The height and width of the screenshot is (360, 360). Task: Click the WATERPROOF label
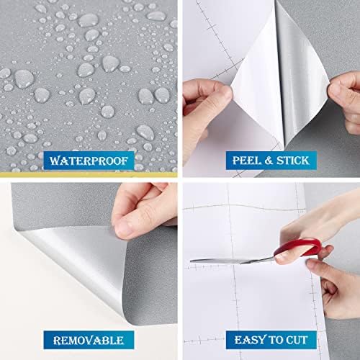pyautogui.click(x=89, y=161)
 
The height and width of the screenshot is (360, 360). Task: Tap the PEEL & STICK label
pyautogui.click(x=271, y=161)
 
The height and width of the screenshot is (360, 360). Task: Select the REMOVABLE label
pyautogui.click(x=89, y=340)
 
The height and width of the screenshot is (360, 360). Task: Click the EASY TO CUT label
pyautogui.click(x=271, y=340)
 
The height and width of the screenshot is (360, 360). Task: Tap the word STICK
pyautogui.click(x=292, y=161)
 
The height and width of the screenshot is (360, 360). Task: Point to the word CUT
pyautogui.click(x=297, y=340)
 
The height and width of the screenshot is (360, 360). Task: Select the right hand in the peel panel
pyautogui.click(x=346, y=101)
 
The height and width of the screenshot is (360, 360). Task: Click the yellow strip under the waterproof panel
pyautogui.click(x=89, y=174)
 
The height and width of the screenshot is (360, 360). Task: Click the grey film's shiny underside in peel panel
pyautogui.click(x=302, y=72)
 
